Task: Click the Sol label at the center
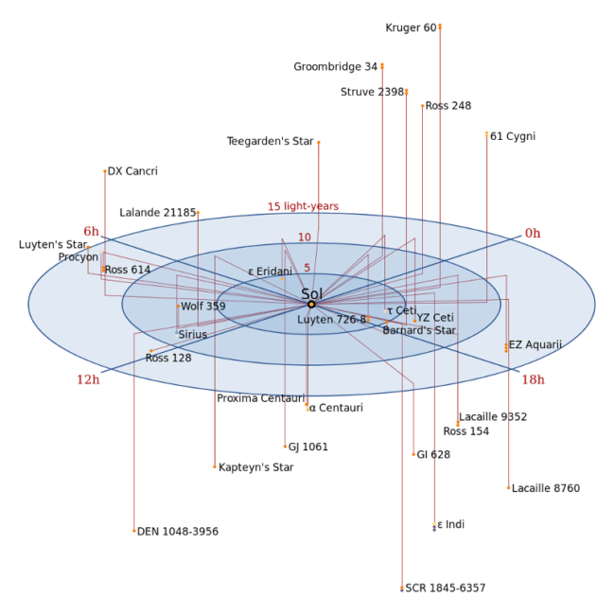(311, 293)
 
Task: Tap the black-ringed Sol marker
(311, 305)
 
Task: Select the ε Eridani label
(270, 272)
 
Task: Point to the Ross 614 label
(128, 270)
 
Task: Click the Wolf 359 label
(203, 307)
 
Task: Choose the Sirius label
(192, 335)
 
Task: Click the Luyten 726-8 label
(331, 320)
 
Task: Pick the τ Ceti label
(401, 310)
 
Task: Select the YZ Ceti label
(435, 318)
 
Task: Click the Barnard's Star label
(419, 330)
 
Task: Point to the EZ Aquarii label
(535, 344)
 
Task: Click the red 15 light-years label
(303, 206)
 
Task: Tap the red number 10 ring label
(304, 237)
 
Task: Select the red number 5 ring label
(307, 268)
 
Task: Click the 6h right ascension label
(91, 230)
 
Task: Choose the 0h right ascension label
(533, 233)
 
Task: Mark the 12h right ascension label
(88, 380)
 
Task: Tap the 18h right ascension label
(533, 379)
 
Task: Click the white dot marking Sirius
(176, 335)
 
